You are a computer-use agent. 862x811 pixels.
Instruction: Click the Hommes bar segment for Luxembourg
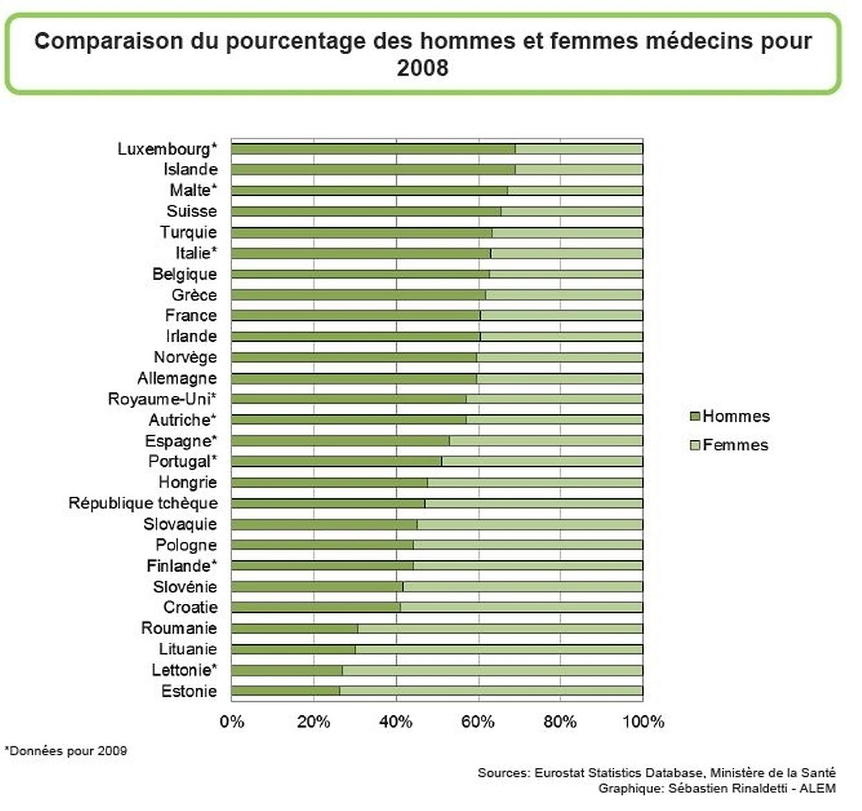point(373,149)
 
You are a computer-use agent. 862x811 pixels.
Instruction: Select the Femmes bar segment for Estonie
point(491,691)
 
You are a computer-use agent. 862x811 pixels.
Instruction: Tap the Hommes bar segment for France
point(355,316)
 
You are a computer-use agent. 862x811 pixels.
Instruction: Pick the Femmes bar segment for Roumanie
point(500,628)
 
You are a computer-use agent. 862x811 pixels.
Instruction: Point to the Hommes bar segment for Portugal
point(336,461)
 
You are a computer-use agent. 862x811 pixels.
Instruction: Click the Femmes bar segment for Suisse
point(571,211)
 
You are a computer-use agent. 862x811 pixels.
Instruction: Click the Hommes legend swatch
point(694,416)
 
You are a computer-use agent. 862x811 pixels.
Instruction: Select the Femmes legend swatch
point(694,445)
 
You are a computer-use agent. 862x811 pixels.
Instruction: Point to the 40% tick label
point(396,722)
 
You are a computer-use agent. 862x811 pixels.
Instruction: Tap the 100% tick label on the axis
point(643,722)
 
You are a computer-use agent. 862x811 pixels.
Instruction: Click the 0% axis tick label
point(231,722)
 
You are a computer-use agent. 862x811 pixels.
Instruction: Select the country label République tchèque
point(143,503)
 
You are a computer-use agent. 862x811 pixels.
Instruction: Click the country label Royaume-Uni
point(161,399)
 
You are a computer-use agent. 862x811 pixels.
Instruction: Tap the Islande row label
point(190,170)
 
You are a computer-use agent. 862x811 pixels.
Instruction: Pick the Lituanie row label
point(188,649)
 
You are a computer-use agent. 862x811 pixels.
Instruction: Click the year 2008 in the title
point(422,68)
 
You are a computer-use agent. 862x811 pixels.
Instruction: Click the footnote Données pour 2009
point(66,751)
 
